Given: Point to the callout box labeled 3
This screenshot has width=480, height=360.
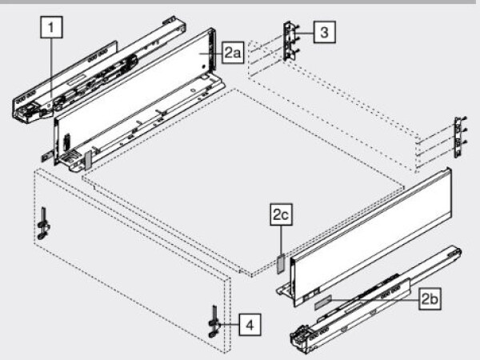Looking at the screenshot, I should (322, 32).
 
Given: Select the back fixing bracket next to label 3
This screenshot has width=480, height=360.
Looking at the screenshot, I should (289, 41).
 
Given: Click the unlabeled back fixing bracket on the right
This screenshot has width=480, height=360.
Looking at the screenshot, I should (458, 138).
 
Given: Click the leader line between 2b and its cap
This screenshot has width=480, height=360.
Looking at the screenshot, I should (376, 301).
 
